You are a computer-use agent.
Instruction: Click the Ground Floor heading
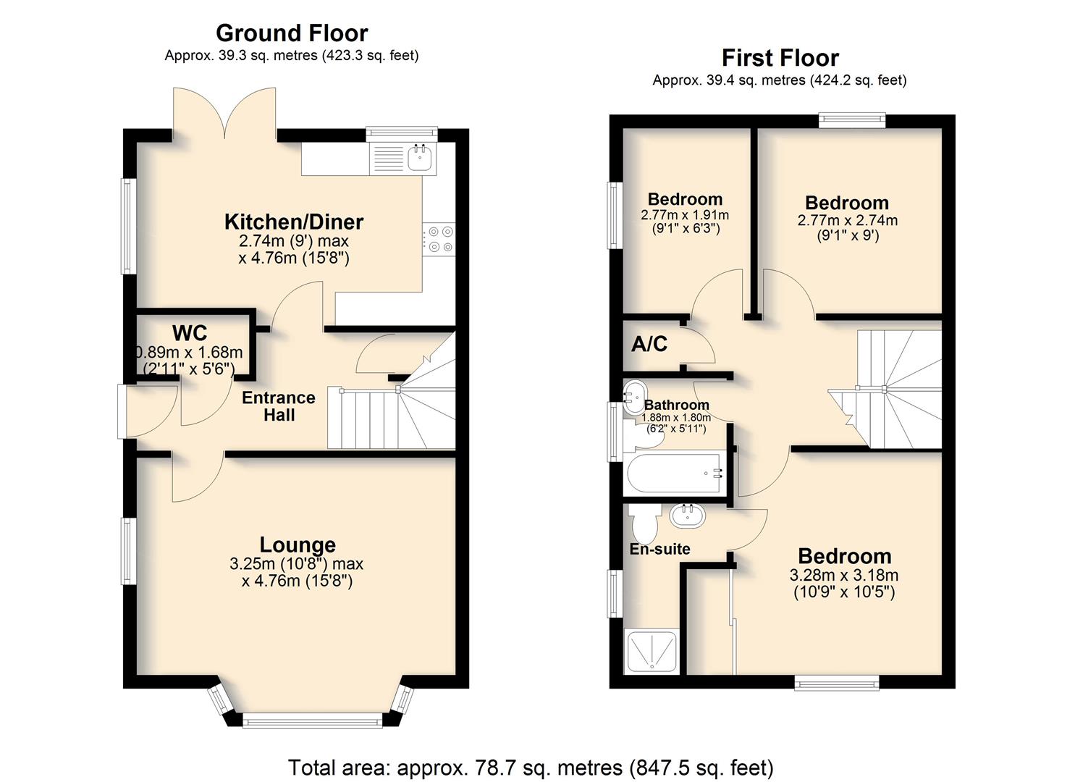(x=292, y=33)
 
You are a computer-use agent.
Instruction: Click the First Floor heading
(x=780, y=59)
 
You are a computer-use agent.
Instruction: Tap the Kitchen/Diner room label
(x=294, y=222)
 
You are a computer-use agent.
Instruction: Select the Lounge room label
(x=298, y=545)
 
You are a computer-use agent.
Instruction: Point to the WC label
(x=190, y=332)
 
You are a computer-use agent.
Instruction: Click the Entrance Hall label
(x=279, y=406)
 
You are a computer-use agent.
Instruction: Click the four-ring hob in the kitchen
(x=439, y=240)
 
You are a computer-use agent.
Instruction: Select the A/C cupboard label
(x=649, y=344)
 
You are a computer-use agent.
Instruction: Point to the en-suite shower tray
(x=652, y=652)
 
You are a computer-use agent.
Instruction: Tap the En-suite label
(x=659, y=549)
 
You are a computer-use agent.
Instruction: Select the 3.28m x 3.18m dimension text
(x=844, y=575)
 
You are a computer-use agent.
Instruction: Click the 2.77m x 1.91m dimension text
(x=685, y=215)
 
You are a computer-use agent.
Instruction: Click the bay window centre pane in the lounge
(x=313, y=720)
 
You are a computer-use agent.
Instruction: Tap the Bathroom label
(x=676, y=405)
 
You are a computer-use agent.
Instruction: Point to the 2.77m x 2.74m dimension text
(x=848, y=220)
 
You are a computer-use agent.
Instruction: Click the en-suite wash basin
(x=688, y=516)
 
